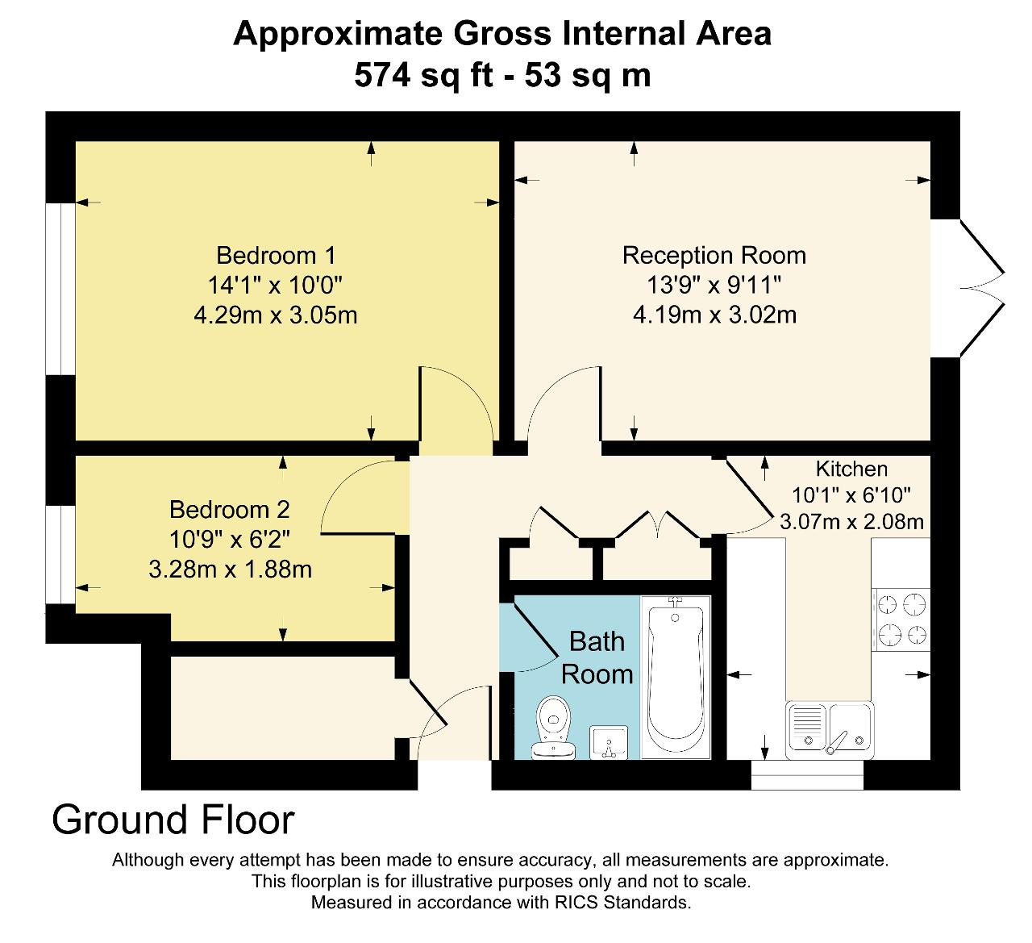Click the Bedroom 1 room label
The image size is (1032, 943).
point(276,255)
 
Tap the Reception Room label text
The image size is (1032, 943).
point(714,255)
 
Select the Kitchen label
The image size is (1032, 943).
point(851,469)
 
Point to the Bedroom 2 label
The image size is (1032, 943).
point(230,510)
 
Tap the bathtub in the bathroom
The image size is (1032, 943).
point(676,678)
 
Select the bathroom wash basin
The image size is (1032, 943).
point(609,742)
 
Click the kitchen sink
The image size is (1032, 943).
point(830,730)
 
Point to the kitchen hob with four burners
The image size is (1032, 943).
point(901,620)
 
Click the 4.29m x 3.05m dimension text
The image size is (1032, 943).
point(276,315)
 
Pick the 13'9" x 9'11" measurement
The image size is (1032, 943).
point(714,285)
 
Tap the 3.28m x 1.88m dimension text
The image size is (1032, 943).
point(230,570)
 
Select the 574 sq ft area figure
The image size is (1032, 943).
point(423,75)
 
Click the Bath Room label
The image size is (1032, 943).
point(597,657)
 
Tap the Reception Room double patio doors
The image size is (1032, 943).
point(967,288)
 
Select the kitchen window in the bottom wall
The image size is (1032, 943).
point(807,774)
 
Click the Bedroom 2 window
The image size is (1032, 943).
point(60,554)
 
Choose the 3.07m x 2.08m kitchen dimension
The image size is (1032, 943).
point(851,522)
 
